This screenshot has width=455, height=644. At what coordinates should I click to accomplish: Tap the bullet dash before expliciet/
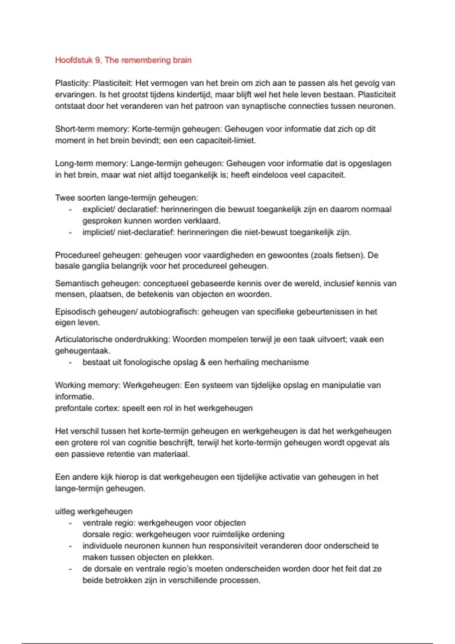(x=70, y=209)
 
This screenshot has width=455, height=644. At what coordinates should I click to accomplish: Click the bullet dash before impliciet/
(x=70, y=232)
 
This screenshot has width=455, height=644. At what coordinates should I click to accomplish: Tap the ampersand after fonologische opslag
(x=203, y=363)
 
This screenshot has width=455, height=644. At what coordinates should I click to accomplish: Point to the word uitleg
(x=64, y=512)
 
